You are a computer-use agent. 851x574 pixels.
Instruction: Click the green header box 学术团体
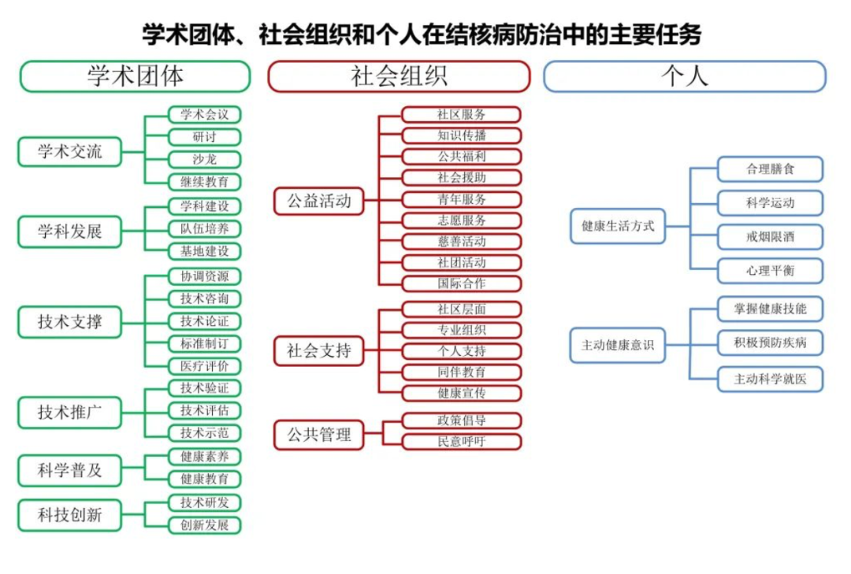coord(136,76)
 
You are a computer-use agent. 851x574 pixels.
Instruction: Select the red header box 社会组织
coord(399,76)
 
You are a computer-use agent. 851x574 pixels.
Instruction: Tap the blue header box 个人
coord(685,76)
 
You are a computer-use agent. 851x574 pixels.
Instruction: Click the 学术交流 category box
coord(69,151)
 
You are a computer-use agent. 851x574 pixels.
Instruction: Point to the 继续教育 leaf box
coord(205,182)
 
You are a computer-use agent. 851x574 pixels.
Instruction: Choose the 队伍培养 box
coord(205,228)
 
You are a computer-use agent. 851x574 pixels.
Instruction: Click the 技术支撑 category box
coord(69,322)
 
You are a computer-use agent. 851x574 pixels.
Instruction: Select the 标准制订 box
coord(205,343)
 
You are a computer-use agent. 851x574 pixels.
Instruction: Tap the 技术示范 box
coord(205,432)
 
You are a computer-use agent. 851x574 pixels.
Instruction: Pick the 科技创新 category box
coord(69,515)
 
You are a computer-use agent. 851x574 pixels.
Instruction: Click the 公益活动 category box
coord(319,201)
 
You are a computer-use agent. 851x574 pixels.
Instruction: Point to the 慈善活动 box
coord(462,242)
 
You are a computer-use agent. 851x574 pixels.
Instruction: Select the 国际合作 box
coord(462,283)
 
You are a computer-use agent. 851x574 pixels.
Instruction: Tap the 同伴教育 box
coord(462,372)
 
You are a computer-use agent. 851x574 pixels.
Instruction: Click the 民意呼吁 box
coord(462,441)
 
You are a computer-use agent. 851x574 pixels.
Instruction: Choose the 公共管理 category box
coord(319,435)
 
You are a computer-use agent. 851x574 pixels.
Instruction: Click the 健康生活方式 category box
coord(618,226)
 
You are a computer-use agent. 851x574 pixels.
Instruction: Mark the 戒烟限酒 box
coord(770,236)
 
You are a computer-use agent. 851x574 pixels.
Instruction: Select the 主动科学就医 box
coord(770,379)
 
